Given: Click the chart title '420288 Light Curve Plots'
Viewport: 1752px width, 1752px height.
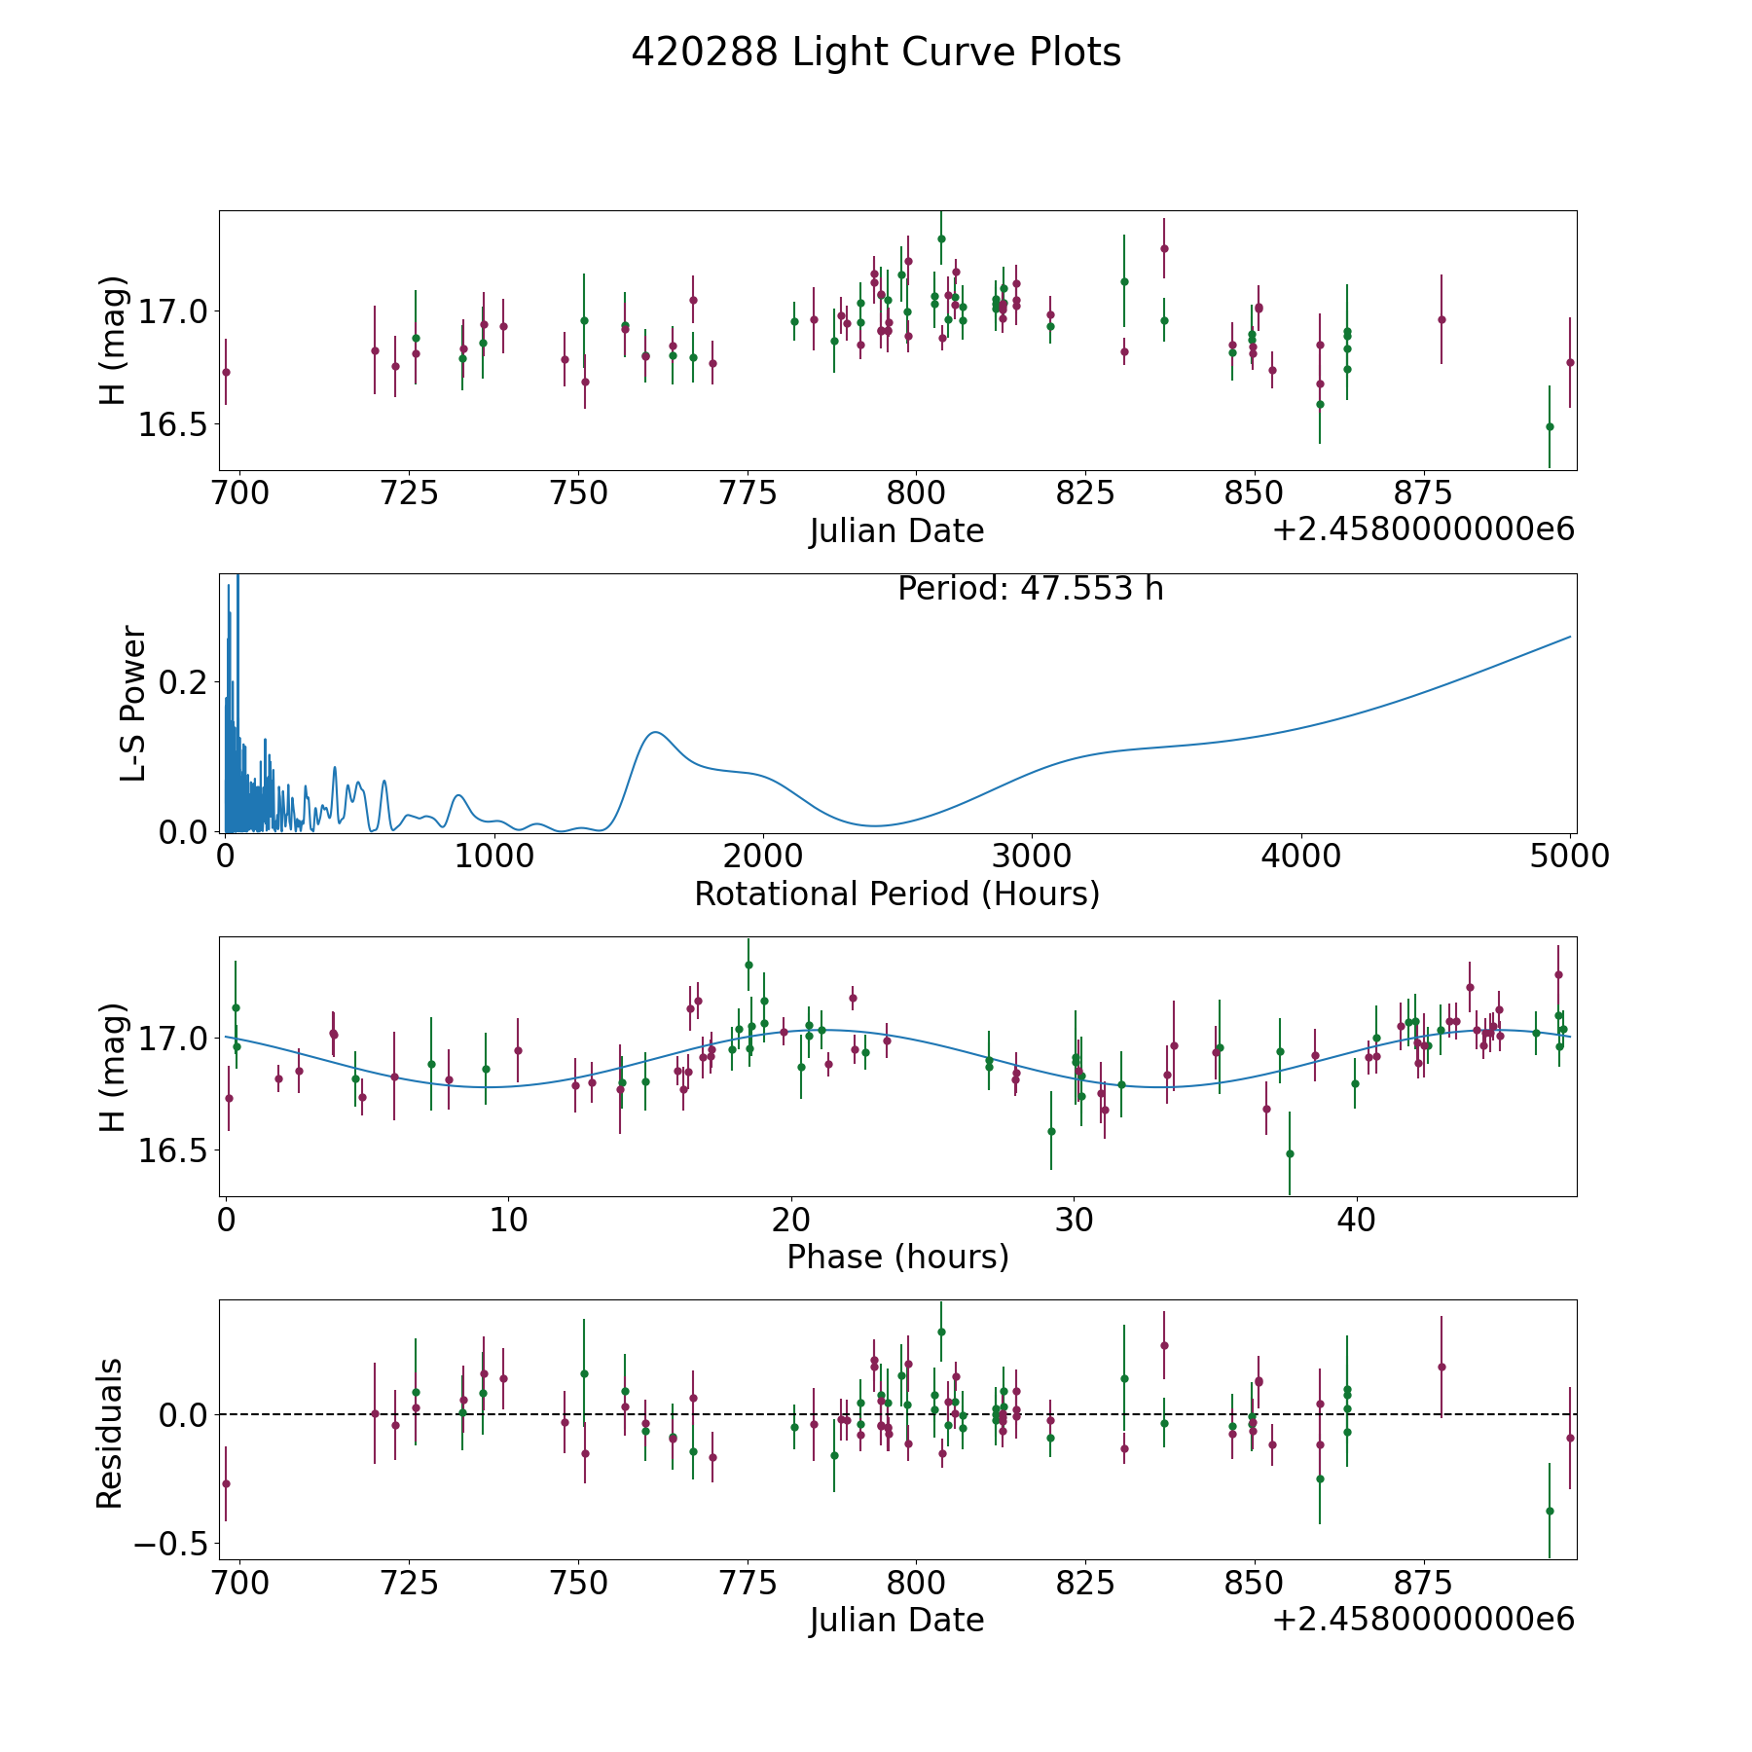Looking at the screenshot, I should (876, 53).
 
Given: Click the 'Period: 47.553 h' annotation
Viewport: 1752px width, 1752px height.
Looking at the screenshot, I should (1030, 589).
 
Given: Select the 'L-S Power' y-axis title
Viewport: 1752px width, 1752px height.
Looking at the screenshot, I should (133, 704).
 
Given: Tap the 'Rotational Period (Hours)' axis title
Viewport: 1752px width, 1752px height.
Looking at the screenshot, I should (896, 894).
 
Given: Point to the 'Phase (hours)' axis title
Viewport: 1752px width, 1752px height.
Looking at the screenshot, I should (897, 1257).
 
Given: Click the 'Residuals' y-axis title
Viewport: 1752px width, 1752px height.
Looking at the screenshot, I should (110, 1433).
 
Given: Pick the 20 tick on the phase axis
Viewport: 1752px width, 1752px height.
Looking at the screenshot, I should (791, 1220).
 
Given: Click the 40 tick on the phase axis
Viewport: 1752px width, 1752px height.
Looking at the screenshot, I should (1357, 1220).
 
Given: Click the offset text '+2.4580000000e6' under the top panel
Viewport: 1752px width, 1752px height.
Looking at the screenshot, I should (1423, 529).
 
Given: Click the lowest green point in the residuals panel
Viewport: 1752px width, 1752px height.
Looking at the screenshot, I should (1550, 1511).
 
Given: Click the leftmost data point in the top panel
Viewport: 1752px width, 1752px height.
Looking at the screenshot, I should (226, 372).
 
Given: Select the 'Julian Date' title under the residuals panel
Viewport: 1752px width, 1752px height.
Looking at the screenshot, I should (896, 1620).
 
